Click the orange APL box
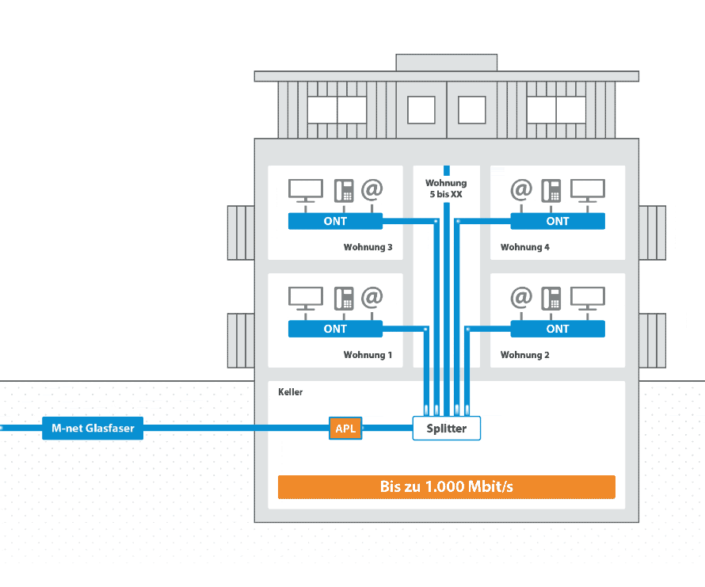(345, 429)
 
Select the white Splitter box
(447, 429)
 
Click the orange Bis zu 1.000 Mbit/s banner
(446, 486)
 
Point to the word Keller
(291, 392)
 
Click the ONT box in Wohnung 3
(335, 221)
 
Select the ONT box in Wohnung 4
(558, 221)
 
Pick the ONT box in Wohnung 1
(335, 329)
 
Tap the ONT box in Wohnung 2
(558, 329)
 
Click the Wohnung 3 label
(368, 247)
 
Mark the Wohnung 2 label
(524, 355)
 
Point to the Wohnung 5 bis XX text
(446, 189)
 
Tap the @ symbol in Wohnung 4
(521, 189)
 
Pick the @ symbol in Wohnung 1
(372, 297)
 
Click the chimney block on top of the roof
(446, 63)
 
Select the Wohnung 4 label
(524, 247)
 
